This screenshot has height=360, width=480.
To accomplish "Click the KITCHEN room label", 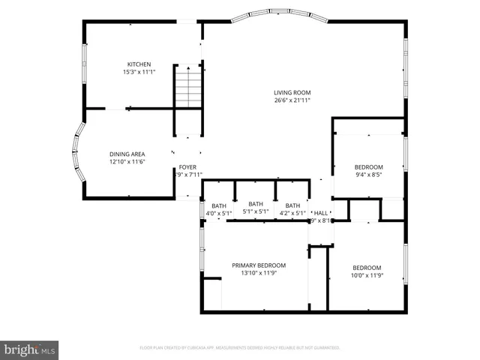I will (139, 64).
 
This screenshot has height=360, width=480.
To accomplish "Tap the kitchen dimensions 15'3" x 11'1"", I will (139, 72).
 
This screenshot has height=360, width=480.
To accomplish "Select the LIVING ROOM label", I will (292, 92).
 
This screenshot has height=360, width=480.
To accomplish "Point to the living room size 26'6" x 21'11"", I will (292, 100).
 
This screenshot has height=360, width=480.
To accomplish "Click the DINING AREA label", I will (127, 154).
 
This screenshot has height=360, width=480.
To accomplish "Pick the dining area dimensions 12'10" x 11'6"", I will (127, 161).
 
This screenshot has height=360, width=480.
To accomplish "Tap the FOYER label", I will (187, 167).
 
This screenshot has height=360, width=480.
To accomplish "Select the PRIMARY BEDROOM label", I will (258, 265).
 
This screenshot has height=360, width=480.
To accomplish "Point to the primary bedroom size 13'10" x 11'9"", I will (258, 274).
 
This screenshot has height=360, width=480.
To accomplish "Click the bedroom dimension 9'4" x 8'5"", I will (368, 175).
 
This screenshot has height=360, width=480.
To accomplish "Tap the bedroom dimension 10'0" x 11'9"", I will (367, 275).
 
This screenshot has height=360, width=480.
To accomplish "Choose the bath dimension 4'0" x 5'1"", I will (218, 214).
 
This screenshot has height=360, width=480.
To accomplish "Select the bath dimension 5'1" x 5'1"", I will (256, 211).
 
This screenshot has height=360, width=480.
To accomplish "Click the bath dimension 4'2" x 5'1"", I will (292, 214).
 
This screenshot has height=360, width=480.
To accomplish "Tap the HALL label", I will (321, 213).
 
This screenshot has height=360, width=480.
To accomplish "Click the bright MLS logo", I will (30, 349).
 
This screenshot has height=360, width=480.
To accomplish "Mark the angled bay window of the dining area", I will (77, 155).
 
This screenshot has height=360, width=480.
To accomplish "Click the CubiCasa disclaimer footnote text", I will (240, 348).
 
